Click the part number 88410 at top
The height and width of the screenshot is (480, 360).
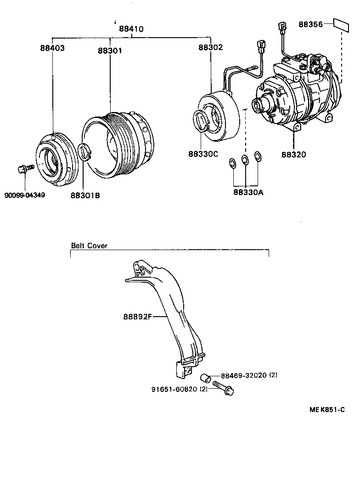[x=131, y=29]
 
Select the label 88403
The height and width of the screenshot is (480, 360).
[x=52, y=48]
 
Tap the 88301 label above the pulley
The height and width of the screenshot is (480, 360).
[x=110, y=50]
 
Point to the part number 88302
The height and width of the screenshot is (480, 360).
[x=211, y=48]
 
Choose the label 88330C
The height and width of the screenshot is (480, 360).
[x=202, y=154]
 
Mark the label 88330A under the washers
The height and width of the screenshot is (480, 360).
[x=248, y=192]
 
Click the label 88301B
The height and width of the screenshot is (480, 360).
[x=85, y=195]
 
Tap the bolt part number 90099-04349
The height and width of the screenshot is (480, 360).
[x=25, y=195]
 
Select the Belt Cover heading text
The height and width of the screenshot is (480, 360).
[x=89, y=246]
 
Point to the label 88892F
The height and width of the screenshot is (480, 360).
[x=137, y=316]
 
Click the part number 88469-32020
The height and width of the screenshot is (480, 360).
[x=244, y=375]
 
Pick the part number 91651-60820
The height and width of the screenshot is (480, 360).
[x=174, y=389]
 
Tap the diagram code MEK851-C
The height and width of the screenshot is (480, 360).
[x=327, y=409]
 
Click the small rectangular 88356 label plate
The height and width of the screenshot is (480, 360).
[x=340, y=24]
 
